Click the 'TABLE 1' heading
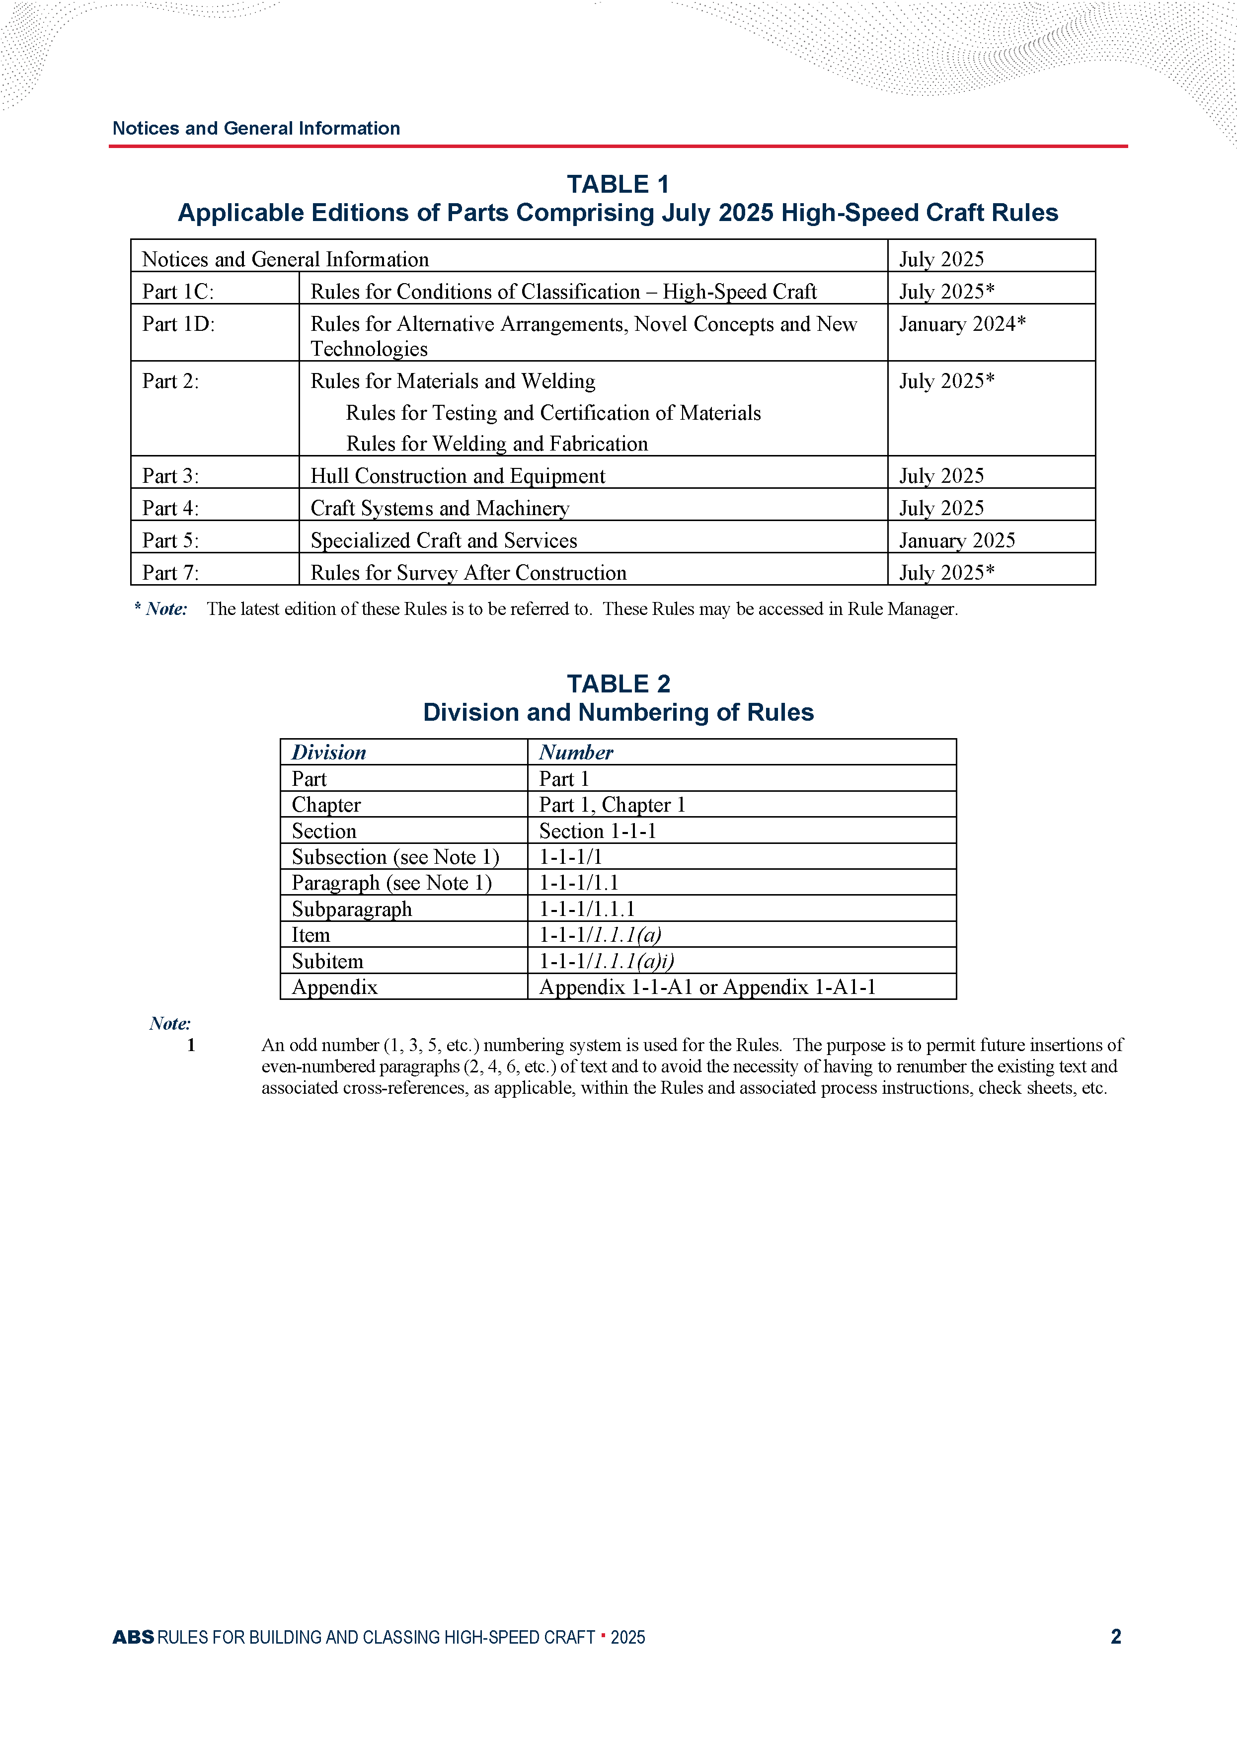618,184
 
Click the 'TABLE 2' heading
618,683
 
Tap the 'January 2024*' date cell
962,324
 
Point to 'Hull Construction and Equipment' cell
458,476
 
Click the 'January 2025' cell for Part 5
957,540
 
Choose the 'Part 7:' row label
170,573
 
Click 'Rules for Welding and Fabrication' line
497,444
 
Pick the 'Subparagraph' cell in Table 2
352,909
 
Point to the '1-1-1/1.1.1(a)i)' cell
606,961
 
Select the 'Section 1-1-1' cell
597,831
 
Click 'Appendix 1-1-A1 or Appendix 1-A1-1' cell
707,987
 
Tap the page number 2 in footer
1115,1637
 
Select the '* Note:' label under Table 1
161,609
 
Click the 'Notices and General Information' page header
256,128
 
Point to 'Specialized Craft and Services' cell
443,540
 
